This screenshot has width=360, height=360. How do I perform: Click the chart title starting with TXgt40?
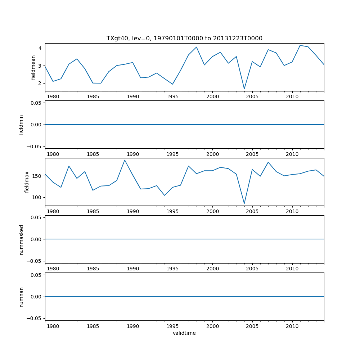tap(184, 38)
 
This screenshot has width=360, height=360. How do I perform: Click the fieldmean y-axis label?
tap(33, 67)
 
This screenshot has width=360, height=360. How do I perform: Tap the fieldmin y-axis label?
tap(21, 125)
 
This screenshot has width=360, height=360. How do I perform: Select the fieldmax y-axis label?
tap(27, 182)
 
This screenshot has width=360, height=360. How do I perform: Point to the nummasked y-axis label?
tap(21, 239)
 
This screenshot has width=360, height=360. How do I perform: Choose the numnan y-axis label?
tap(21, 297)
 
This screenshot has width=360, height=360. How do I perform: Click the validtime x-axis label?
tap(184, 333)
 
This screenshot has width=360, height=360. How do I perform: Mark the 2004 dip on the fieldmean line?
tap(244, 89)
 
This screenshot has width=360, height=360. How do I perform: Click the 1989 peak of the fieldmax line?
tap(125, 160)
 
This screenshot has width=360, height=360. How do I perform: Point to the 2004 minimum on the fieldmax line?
tap(244, 203)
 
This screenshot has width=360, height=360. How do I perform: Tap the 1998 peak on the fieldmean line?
tap(196, 47)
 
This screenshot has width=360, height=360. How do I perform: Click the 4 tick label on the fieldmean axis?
tap(40, 48)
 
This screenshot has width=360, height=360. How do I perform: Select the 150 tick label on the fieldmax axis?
tap(37, 176)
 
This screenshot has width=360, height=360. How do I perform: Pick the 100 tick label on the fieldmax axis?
tap(37, 197)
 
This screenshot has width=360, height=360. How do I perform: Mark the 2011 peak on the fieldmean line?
tap(300, 45)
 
